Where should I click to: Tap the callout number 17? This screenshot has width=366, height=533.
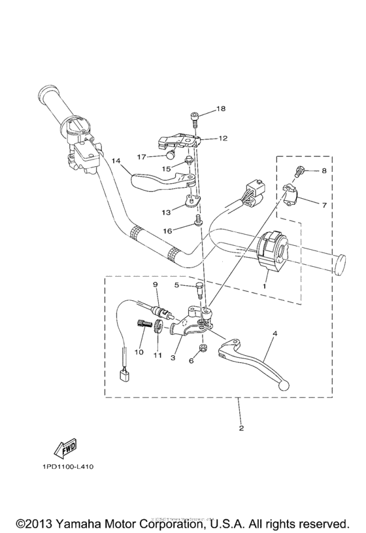[x=141, y=157]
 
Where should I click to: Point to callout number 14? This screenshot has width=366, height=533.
[x=116, y=161]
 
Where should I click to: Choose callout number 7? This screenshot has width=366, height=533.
[x=323, y=204]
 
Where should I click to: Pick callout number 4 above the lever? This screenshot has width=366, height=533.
[x=275, y=334]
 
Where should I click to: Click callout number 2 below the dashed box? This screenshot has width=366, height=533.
[x=241, y=429]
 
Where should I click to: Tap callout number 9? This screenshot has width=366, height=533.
[x=156, y=284]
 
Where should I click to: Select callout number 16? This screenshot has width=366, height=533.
[x=168, y=231]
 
